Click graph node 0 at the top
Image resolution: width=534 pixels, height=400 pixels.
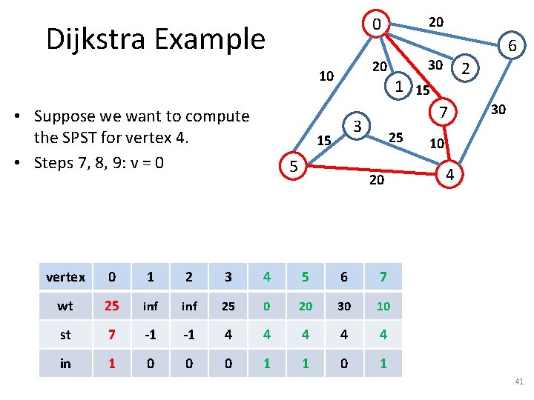click(x=377, y=24)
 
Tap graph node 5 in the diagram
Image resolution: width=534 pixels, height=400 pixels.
click(x=294, y=167)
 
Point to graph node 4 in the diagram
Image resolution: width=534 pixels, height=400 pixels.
click(x=449, y=175)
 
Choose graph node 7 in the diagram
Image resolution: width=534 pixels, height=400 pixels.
click(x=441, y=113)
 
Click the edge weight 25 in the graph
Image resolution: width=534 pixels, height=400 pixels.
click(x=396, y=137)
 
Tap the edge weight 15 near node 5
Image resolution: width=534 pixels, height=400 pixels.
click(x=324, y=141)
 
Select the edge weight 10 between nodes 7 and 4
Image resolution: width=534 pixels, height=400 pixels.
click(x=437, y=142)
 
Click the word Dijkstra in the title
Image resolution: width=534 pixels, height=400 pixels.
click(x=96, y=39)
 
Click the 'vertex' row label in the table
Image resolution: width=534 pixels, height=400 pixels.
click(x=65, y=277)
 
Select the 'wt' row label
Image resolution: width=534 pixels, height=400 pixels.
click(x=65, y=306)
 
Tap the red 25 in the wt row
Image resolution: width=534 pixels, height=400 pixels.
click(x=112, y=306)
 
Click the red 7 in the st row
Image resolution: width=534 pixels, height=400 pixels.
click(x=112, y=335)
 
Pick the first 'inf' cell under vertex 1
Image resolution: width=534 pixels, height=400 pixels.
click(x=151, y=306)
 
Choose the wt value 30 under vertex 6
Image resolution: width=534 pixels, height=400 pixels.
click(x=343, y=306)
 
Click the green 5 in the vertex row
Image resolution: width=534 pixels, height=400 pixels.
click(x=305, y=277)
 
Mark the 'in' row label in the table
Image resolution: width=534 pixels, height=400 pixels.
click(x=65, y=363)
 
